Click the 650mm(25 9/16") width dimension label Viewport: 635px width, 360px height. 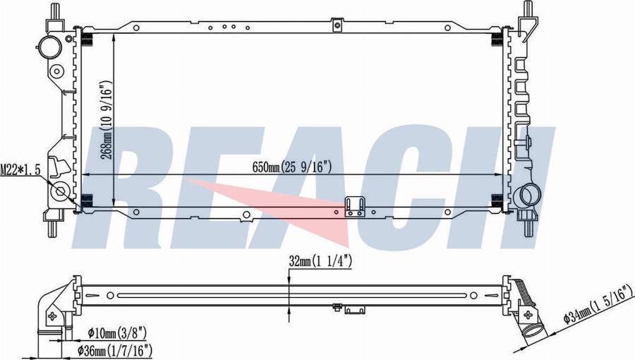[x=292, y=167]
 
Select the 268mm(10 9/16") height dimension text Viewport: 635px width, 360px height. [x=107, y=119]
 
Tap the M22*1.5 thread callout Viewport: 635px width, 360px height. [x=20, y=170]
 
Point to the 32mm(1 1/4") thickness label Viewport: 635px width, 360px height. [x=320, y=262]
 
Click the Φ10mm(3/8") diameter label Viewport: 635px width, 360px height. [x=117, y=333]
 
